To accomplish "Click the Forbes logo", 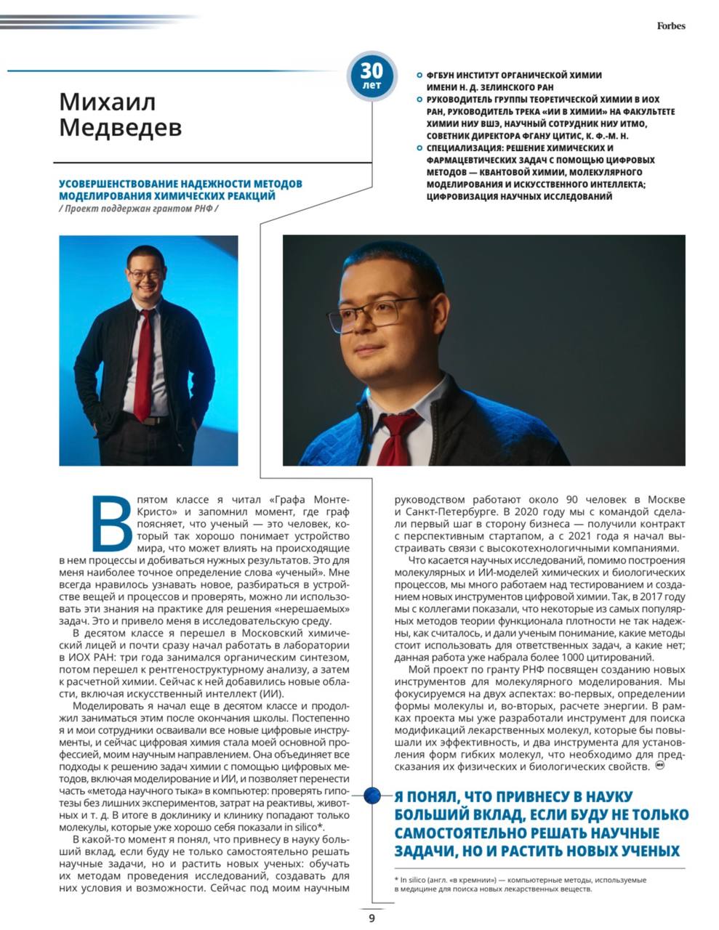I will (671, 26).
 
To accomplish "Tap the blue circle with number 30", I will (371, 74).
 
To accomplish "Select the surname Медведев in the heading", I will (120, 127).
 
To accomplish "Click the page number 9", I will (371, 918).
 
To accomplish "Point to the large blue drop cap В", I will (115, 522).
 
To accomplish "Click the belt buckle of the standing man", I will (146, 421).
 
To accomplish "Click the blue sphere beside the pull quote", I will (372, 795).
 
